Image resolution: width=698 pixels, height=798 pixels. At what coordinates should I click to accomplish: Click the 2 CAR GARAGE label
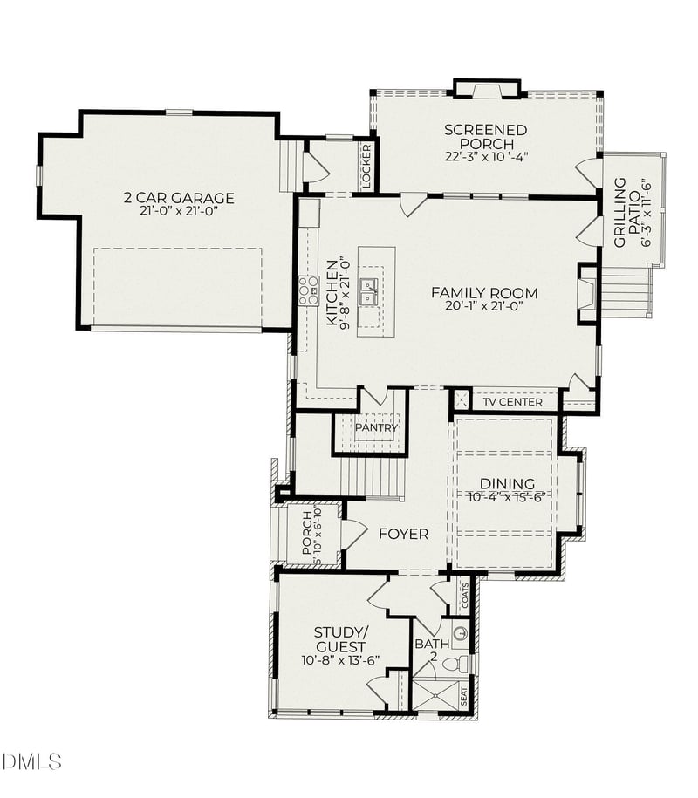pos(178,198)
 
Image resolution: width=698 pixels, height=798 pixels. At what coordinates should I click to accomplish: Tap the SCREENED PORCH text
pos(485,137)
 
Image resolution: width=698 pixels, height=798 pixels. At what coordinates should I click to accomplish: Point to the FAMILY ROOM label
pos(484,293)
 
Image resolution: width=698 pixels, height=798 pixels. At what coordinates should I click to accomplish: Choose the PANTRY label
pos(376,427)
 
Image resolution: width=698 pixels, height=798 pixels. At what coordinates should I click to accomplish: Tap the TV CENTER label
pos(514,402)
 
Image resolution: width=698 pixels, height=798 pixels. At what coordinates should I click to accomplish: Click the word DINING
pos(506,484)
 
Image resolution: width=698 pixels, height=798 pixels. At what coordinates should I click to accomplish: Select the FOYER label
pos(403,534)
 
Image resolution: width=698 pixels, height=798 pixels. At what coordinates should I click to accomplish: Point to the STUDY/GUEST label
pos(340,639)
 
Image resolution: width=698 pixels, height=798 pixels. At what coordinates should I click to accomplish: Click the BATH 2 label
pos(432,651)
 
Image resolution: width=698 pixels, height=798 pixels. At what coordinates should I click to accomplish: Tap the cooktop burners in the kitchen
pos(308,290)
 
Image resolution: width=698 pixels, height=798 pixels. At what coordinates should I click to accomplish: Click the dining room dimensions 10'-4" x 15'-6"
pos(506,497)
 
